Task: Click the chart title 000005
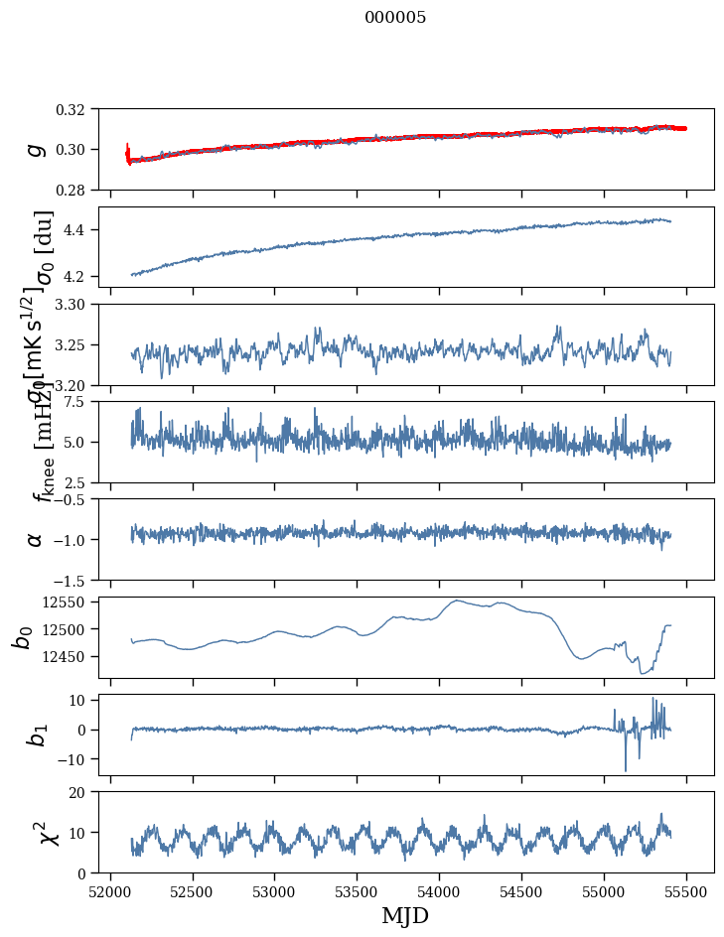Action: (x=395, y=18)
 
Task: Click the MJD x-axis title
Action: (x=405, y=915)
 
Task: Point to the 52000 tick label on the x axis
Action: (x=110, y=890)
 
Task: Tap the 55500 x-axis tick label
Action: (x=686, y=890)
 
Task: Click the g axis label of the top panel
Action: (x=35, y=149)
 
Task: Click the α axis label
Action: (x=35, y=538)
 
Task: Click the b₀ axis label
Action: (x=22, y=636)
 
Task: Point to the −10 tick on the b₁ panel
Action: (x=81, y=759)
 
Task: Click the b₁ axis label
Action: (x=35, y=735)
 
